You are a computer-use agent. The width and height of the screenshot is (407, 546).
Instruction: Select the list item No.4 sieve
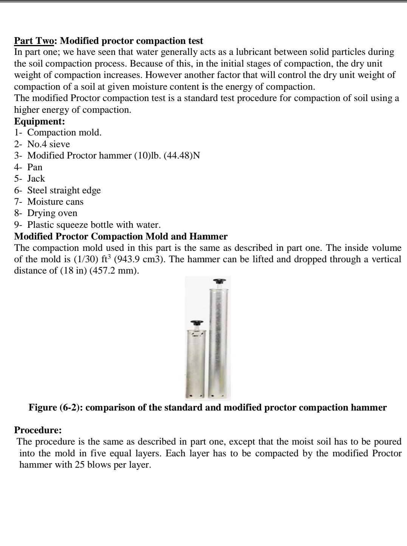(x=48, y=144)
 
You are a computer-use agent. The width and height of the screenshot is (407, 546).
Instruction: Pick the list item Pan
(x=35, y=167)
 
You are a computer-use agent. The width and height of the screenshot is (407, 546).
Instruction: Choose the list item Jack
(x=36, y=179)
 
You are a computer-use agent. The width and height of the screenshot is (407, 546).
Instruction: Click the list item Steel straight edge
(x=64, y=190)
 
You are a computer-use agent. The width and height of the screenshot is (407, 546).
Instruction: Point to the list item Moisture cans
(x=55, y=202)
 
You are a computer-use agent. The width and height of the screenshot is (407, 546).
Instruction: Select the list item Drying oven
(x=52, y=213)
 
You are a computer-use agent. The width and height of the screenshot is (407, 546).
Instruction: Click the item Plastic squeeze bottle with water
(x=94, y=225)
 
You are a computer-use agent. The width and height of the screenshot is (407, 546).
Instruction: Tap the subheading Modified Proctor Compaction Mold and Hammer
(x=121, y=236)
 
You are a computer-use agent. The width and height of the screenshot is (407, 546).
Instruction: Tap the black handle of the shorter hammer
(x=197, y=323)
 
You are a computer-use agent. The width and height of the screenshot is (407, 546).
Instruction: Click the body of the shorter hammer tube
(x=195, y=363)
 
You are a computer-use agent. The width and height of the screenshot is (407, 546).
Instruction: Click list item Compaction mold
(x=64, y=132)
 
